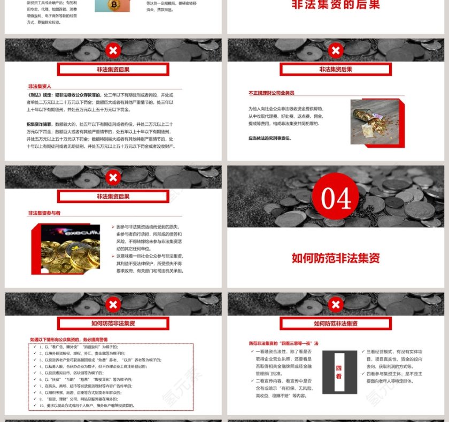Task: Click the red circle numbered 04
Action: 336,198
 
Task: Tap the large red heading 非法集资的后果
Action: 336,5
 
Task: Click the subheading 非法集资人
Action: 40,86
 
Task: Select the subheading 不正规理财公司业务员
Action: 271,93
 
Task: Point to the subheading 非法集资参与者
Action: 44,213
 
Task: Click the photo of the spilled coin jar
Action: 374,123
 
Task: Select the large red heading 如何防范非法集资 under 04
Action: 336,258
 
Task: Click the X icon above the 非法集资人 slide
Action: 113,51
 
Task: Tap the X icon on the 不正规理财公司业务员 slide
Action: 336,51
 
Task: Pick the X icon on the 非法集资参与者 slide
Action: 113,178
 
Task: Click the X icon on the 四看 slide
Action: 336,305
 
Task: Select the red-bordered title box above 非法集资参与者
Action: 113,197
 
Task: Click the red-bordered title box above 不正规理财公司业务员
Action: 336,69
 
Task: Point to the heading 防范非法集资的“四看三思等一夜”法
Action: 283,343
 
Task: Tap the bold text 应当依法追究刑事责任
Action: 270,138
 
